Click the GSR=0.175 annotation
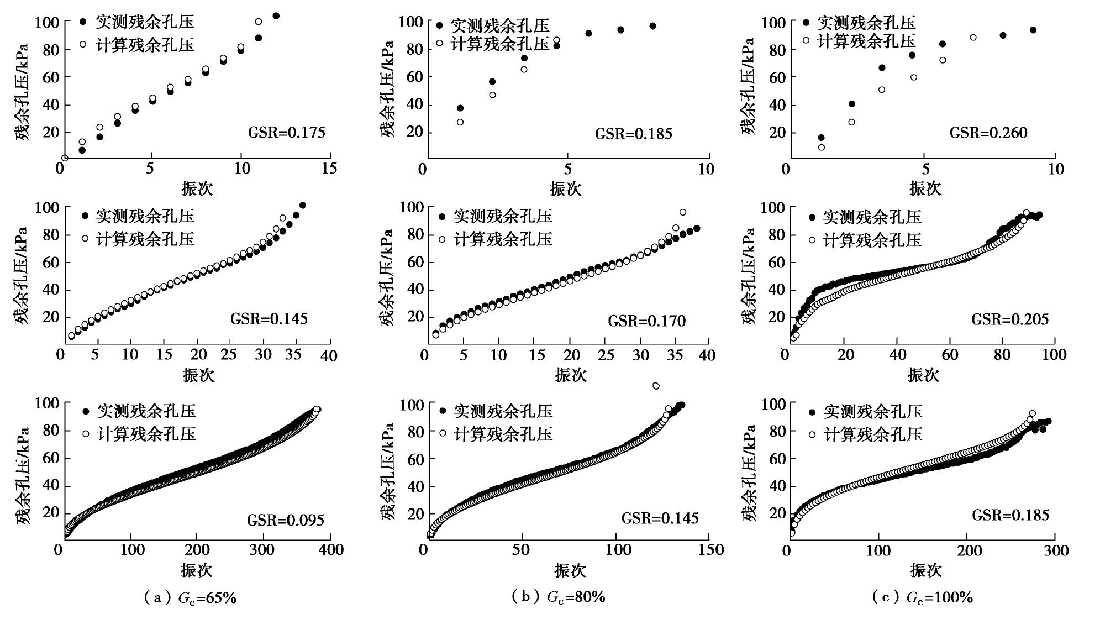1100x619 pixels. (x=286, y=133)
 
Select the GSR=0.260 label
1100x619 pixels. (x=988, y=133)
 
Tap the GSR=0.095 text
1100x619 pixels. (x=285, y=520)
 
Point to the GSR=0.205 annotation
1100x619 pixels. (x=1010, y=319)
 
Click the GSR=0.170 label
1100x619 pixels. (x=646, y=321)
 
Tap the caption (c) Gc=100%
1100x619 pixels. (x=922, y=597)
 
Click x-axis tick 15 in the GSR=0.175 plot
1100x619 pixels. (x=329, y=168)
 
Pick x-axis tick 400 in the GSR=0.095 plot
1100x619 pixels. (x=331, y=550)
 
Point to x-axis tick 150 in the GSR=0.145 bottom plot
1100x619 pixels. (x=711, y=550)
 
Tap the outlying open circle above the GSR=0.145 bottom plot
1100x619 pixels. (x=656, y=386)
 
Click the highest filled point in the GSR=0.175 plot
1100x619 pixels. (x=276, y=15)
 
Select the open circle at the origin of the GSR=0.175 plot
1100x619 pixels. (x=65, y=158)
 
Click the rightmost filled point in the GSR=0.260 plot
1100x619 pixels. (x=1033, y=30)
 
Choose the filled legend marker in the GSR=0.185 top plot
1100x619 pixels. (x=440, y=25)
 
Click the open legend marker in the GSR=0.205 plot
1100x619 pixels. (x=812, y=240)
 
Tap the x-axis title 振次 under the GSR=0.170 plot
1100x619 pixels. (x=571, y=375)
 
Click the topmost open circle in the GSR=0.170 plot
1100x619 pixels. (x=683, y=212)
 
